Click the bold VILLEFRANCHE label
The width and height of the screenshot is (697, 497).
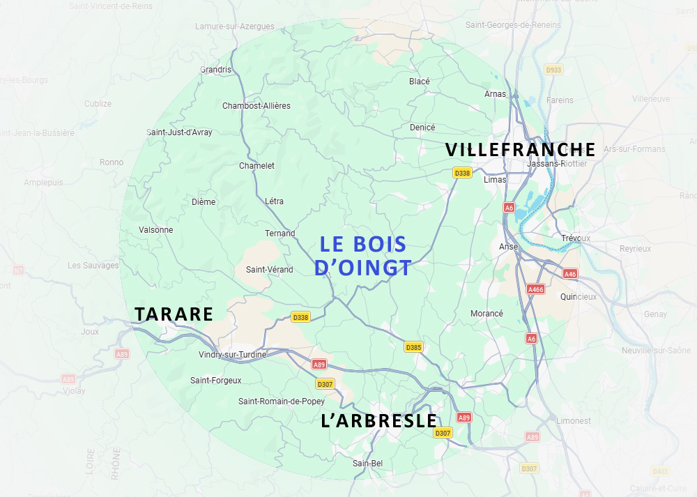click(x=520, y=150)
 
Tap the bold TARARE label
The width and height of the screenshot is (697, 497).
click(x=174, y=314)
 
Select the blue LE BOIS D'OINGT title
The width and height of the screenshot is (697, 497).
click(x=362, y=256)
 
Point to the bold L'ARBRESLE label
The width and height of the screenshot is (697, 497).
click(x=378, y=421)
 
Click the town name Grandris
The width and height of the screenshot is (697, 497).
click(x=215, y=70)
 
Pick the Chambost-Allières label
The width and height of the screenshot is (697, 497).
click(x=256, y=106)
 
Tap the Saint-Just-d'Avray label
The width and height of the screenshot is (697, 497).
click(x=179, y=132)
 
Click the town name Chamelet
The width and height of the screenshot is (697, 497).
click(x=256, y=166)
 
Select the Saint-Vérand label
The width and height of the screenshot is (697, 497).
click(x=270, y=270)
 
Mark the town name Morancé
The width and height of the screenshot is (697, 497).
click(x=487, y=314)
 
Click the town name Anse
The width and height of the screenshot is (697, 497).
click(x=508, y=247)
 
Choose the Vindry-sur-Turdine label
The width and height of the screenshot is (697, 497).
click(x=232, y=355)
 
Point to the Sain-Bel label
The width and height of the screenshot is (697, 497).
click(x=367, y=464)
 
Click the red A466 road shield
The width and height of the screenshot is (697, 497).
click(x=536, y=289)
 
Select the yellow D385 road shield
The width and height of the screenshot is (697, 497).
click(x=413, y=347)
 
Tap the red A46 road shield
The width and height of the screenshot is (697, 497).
click(x=570, y=274)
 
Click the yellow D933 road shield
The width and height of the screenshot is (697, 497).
click(x=553, y=70)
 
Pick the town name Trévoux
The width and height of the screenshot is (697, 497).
click(x=576, y=238)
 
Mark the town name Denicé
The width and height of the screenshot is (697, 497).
click(x=422, y=128)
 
